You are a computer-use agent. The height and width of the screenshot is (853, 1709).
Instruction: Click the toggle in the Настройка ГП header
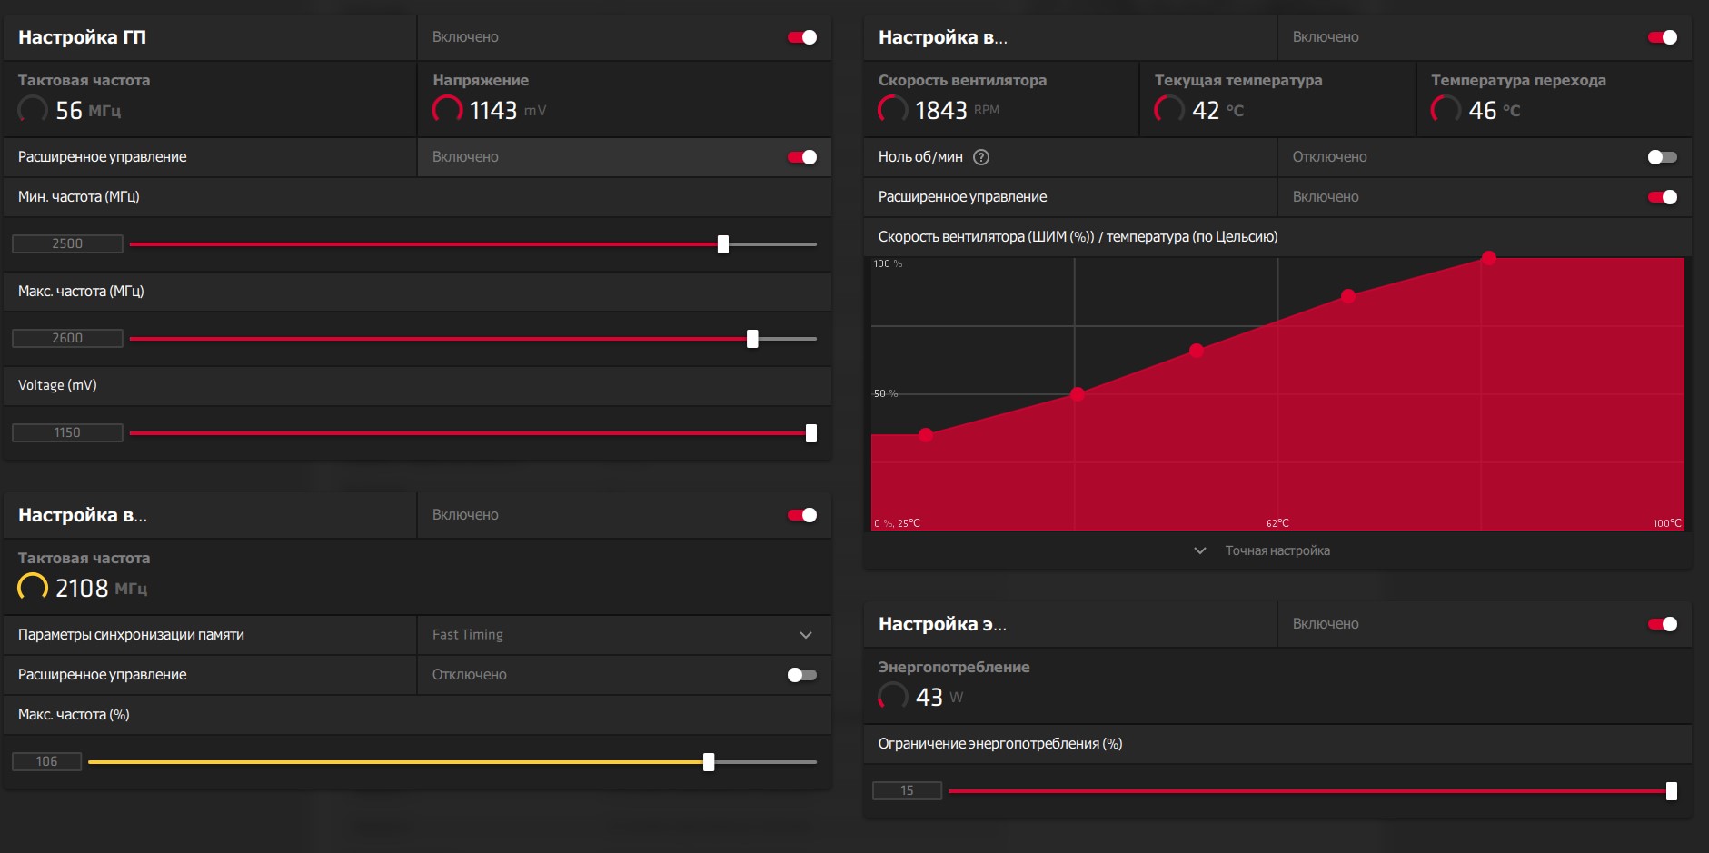[802, 37]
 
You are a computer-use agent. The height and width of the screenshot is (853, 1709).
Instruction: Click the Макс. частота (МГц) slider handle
[752, 339]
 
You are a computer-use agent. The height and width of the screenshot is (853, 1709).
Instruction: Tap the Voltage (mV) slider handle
[811, 433]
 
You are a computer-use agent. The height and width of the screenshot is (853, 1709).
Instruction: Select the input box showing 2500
[67, 243]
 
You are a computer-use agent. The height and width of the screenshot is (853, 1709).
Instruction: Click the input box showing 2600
[67, 338]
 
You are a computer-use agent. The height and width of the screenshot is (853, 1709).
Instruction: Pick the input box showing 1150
[67, 432]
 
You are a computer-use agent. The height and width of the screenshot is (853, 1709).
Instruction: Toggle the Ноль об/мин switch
[1662, 157]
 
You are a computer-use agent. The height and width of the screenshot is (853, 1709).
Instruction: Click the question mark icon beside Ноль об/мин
[981, 157]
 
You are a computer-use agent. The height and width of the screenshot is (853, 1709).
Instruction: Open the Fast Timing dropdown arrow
[806, 635]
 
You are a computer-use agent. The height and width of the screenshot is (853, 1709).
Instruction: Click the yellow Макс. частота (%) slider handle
[709, 762]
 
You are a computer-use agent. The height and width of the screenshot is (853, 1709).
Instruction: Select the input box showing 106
[46, 761]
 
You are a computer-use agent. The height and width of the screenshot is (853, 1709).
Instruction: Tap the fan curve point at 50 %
[1078, 394]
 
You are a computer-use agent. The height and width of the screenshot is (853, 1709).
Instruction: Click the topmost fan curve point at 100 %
[1488, 258]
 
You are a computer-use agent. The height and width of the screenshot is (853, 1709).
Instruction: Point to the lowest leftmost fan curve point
[926, 435]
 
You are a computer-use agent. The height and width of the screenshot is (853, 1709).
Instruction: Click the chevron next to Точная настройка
[1200, 550]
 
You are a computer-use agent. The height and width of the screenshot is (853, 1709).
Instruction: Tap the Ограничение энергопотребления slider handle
[1672, 791]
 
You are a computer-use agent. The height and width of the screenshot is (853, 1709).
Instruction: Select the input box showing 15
[907, 790]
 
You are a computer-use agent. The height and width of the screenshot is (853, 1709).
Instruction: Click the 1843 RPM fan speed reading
[940, 111]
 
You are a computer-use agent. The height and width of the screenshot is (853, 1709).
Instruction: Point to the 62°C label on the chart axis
[1277, 523]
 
